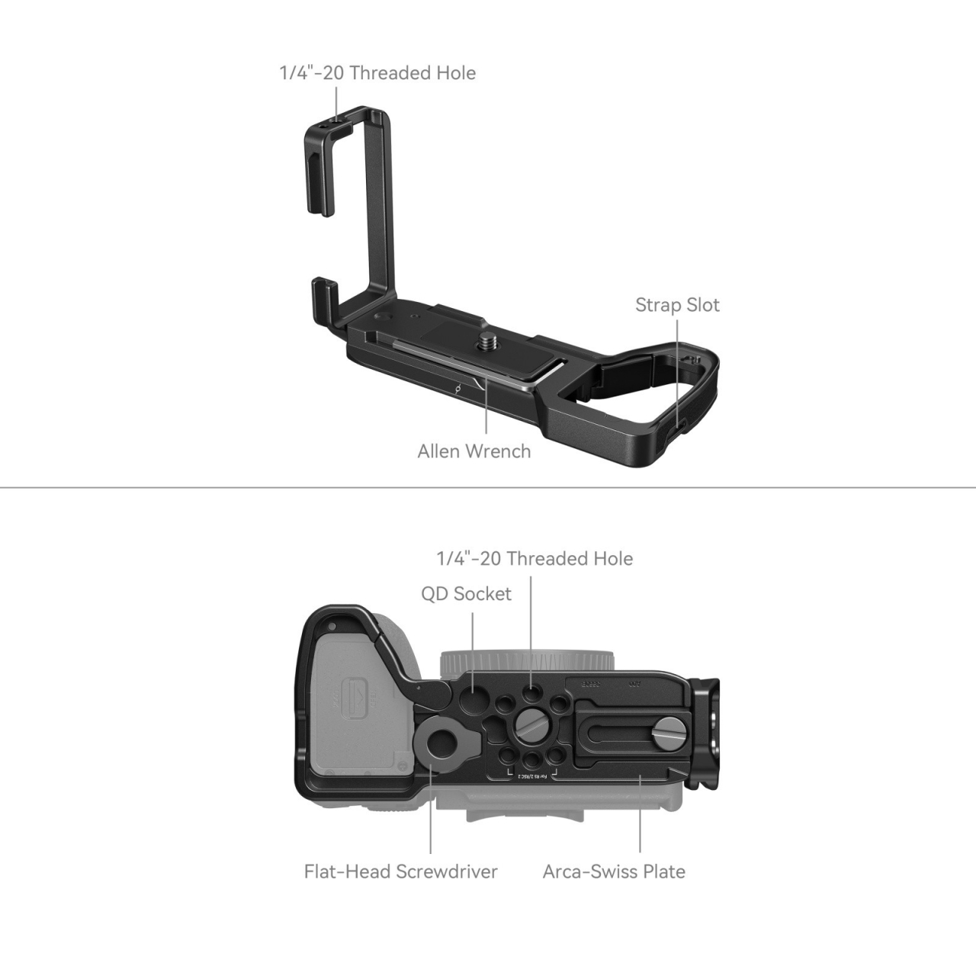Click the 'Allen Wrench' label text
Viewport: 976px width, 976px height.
[x=474, y=451]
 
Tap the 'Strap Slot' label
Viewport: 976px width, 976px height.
[x=677, y=305]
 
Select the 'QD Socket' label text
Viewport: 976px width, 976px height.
[x=466, y=594]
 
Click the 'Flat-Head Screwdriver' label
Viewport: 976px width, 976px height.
[x=400, y=872]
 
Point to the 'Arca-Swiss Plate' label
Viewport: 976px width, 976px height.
[x=614, y=872]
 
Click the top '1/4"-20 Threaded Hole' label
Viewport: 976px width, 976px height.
[x=377, y=73]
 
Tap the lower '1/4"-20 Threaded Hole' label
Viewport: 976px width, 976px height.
[x=534, y=559]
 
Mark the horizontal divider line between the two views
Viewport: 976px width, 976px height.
[x=488, y=487]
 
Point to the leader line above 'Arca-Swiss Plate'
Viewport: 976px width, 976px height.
[x=640, y=816]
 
